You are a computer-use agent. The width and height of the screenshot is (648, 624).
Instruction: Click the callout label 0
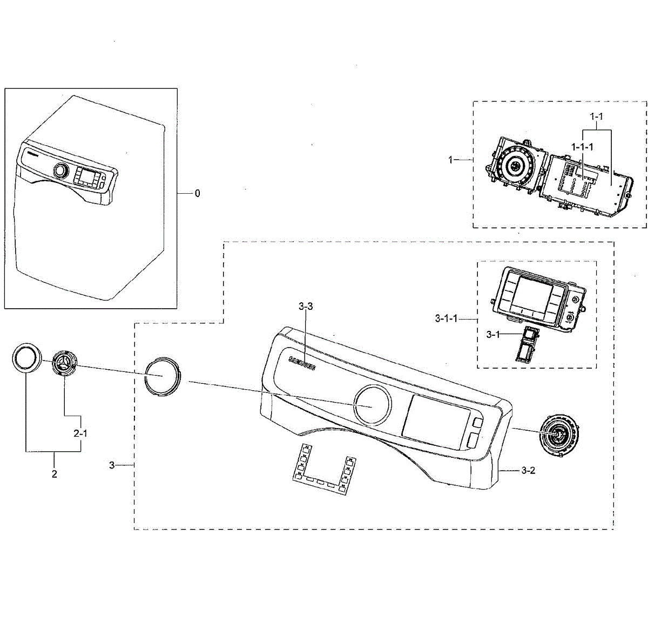click(x=197, y=193)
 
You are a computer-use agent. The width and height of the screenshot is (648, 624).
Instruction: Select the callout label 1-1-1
click(x=583, y=147)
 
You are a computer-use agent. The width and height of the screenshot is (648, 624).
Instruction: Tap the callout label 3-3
click(x=305, y=307)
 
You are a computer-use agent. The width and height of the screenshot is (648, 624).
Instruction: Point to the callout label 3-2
click(x=528, y=470)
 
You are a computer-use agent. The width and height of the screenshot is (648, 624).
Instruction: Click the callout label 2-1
click(x=80, y=433)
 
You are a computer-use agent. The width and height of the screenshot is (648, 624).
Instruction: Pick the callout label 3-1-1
click(x=446, y=318)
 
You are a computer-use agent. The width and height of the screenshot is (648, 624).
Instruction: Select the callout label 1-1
click(x=596, y=116)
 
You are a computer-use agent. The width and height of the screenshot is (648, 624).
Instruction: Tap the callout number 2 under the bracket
click(x=54, y=474)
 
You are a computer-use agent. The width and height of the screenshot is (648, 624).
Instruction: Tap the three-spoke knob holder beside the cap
click(x=65, y=365)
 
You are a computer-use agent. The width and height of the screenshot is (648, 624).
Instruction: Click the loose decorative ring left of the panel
click(x=162, y=377)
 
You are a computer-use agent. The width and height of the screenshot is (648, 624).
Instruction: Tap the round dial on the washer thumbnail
click(x=61, y=171)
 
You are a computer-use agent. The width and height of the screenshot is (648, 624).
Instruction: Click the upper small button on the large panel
click(x=476, y=422)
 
